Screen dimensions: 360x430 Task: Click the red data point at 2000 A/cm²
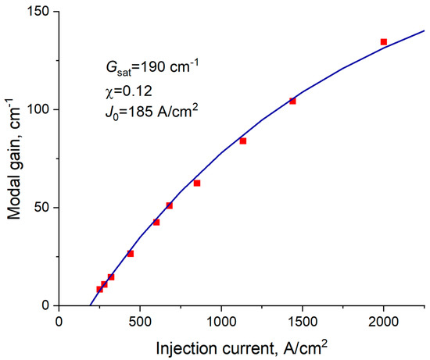point(384,41)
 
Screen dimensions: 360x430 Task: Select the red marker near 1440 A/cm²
point(292,101)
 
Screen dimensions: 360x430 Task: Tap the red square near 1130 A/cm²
point(242,141)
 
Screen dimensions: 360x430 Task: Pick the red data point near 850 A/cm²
point(197,183)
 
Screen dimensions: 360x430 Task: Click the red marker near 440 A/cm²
point(131,253)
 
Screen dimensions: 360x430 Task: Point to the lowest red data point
point(99,289)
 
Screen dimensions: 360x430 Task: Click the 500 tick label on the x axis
point(140,319)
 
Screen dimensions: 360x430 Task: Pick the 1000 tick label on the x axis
point(221,319)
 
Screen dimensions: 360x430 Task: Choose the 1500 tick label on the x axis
point(303,319)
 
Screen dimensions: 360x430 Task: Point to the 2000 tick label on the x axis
point(384,319)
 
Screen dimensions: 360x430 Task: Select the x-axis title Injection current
point(241,346)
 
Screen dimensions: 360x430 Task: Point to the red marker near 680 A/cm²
point(169,205)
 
